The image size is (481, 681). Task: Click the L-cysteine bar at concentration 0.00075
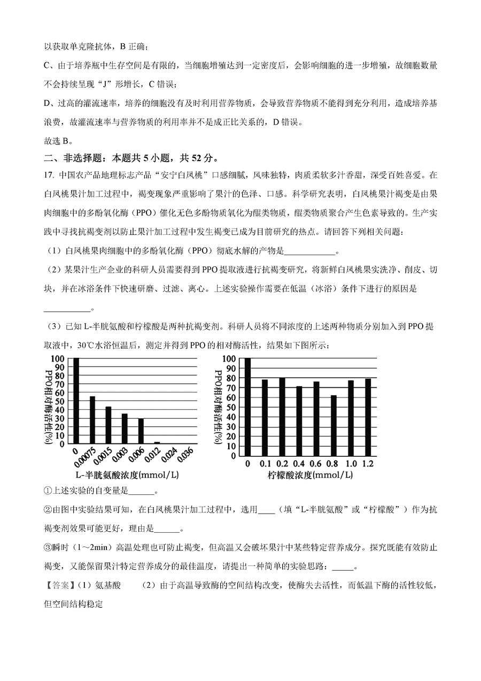click(x=92, y=420)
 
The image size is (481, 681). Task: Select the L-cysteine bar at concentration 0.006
click(x=141, y=431)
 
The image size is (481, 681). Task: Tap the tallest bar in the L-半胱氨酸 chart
click(x=76, y=401)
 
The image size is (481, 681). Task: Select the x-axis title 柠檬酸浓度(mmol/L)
click(x=309, y=475)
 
